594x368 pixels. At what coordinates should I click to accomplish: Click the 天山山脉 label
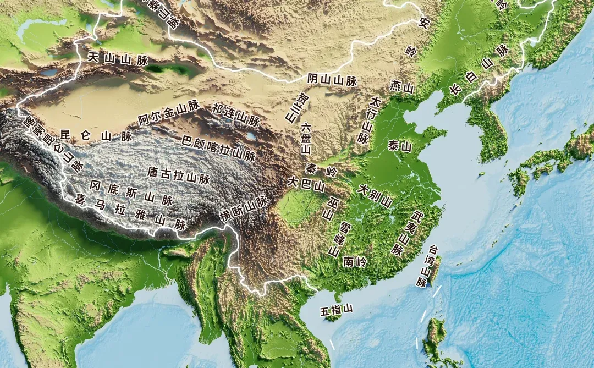[x=118, y=58]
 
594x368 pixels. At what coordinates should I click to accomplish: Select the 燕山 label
[x=402, y=86]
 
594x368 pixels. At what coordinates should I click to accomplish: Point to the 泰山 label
[x=400, y=146]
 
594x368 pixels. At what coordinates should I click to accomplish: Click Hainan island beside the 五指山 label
[x=333, y=317]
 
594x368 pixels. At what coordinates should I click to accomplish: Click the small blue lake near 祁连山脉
[x=251, y=135]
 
